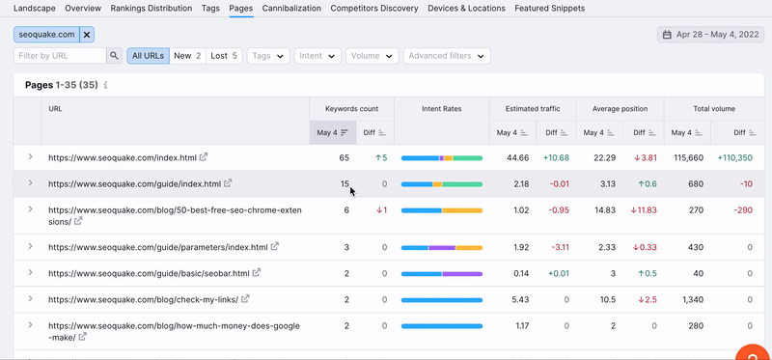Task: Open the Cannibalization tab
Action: pyautogui.click(x=291, y=8)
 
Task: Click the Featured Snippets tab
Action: pyautogui.click(x=549, y=8)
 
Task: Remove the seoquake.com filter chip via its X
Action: pyautogui.click(x=87, y=35)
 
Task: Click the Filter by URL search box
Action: pyautogui.click(x=60, y=56)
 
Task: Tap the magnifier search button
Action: pyautogui.click(x=114, y=56)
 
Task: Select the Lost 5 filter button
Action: pyautogui.click(x=224, y=56)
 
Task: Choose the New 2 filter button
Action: pyautogui.click(x=187, y=56)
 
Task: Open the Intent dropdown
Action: pyautogui.click(x=317, y=56)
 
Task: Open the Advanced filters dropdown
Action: pyautogui.click(x=447, y=56)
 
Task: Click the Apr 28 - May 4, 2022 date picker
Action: pyautogui.click(x=710, y=35)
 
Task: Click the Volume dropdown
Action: pyautogui.click(x=372, y=56)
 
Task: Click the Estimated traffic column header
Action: pyautogui.click(x=533, y=109)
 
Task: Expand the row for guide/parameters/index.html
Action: pyautogui.click(x=30, y=246)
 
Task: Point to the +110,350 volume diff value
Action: pyautogui.click(x=735, y=157)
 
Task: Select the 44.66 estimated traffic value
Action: pyautogui.click(x=518, y=157)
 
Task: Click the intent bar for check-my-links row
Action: pyautogui.click(x=442, y=299)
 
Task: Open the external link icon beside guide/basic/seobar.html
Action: pyautogui.click(x=257, y=272)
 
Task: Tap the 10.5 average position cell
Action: pyautogui.click(x=608, y=299)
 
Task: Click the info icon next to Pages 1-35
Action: pyautogui.click(x=105, y=85)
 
